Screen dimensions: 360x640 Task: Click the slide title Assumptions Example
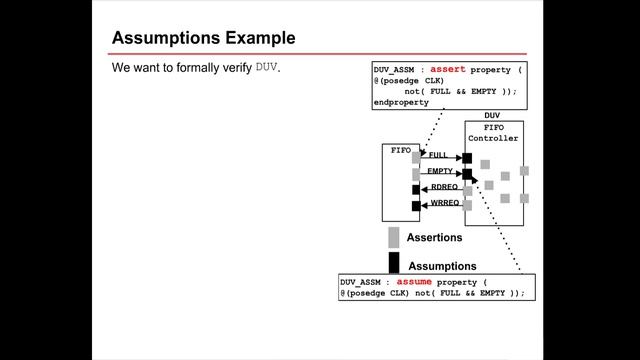click(203, 39)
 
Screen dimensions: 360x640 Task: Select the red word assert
click(448, 69)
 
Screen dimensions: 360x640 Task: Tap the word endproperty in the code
click(401, 102)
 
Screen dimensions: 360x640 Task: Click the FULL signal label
click(438, 155)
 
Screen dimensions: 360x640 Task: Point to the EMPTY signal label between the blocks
click(441, 172)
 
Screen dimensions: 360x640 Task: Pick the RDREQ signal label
click(444, 187)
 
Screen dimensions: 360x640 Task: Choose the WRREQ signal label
click(444, 203)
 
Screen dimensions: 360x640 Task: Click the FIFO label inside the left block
click(400, 150)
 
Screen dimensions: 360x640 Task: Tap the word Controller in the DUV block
click(494, 138)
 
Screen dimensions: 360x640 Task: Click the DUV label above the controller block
click(492, 116)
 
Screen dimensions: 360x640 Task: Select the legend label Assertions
click(434, 238)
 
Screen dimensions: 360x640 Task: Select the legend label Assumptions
click(442, 266)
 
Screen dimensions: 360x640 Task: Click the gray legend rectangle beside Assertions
click(394, 237)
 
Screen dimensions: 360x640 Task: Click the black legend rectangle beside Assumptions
click(394, 263)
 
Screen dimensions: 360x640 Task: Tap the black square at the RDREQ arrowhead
click(416, 189)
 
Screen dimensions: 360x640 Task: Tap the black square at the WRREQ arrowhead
click(416, 206)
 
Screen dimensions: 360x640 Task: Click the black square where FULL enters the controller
click(467, 158)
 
